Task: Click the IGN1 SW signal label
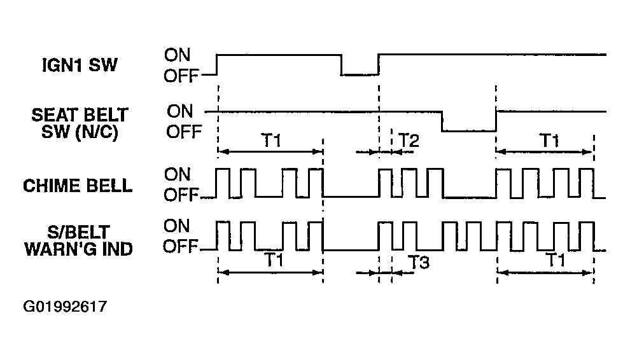[x=80, y=65]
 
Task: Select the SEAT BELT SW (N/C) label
[x=80, y=123]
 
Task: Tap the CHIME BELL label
[x=78, y=186]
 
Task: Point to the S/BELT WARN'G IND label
[x=79, y=240]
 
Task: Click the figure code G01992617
[x=65, y=307]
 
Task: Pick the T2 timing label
[x=409, y=140]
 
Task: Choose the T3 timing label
[x=419, y=262]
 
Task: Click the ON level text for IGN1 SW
[x=177, y=55]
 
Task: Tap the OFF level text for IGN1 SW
[x=181, y=76]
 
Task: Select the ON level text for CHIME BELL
[x=177, y=174]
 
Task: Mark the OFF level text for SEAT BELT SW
[x=184, y=132]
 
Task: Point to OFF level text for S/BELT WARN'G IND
[x=181, y=246]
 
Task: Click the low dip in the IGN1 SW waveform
[x=360, y=74]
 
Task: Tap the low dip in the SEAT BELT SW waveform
[x=469, y=130]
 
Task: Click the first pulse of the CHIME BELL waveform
[x=223, y=170]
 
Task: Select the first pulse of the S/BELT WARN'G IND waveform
[x=223, y=222]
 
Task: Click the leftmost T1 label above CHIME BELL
[x=272, y=140]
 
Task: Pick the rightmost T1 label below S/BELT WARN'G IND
[x=556, y=260]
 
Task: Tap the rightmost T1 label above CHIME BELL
[x=549, y=140]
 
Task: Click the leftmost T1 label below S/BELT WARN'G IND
[x=274, y=260]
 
